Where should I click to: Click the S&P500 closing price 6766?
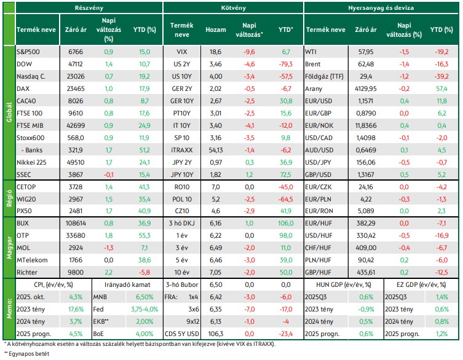[x=76, y=52]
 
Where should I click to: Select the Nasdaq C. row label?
[x=31, y=76]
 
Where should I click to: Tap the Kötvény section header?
[x=233, y=7]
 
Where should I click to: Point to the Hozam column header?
[x=216, y=30]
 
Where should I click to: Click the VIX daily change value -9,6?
[x=249, y=52]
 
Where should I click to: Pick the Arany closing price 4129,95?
[x=366, y=89]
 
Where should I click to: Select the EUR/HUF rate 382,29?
[x=366, y=224]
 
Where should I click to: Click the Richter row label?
[x=27, y=272]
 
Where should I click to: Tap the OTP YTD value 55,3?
[x=144, y=235]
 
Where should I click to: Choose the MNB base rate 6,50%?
[x=144, y=297]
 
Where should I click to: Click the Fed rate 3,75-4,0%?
[x=144, y=309]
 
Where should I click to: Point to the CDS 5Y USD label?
[x=182, y=334]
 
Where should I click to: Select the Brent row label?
[x=313, y=65]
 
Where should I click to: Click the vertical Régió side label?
[x=9, y=198]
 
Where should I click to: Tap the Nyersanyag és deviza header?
[x=381, y=7]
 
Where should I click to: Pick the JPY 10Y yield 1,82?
[x=216, y=174]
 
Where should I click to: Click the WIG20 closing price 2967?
[x=76, y=199]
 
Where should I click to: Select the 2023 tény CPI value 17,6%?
[x=76, y=309]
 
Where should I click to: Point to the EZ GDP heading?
[x=421, y=285]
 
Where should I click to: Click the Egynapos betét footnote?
[x=26, y=353]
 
